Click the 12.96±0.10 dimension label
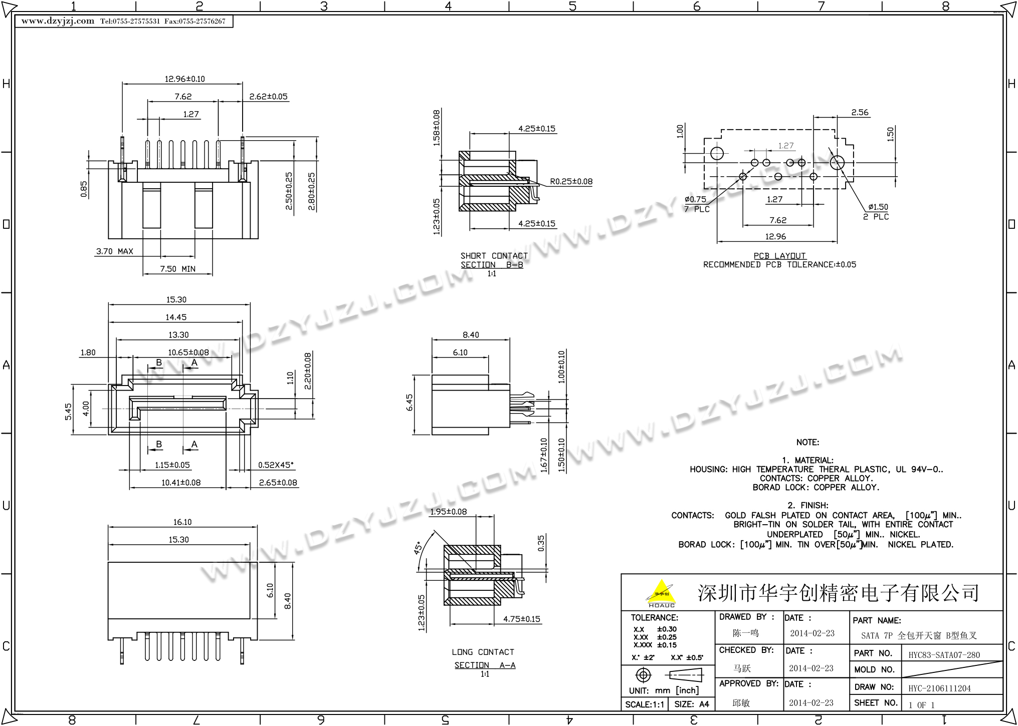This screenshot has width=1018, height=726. (184, 79)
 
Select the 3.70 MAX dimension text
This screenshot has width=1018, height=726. (114, 251)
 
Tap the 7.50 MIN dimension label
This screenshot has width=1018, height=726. (177, 269)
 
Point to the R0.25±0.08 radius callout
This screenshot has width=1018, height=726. (571, 181)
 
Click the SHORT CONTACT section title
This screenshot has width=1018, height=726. (494, 256)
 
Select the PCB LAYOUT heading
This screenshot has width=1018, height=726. (779, 256)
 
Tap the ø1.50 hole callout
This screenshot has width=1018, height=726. (878, 207)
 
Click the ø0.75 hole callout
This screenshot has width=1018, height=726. (695, 200)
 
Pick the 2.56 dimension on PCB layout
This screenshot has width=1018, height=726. (860, 113)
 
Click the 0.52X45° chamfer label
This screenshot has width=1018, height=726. (276, 465)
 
